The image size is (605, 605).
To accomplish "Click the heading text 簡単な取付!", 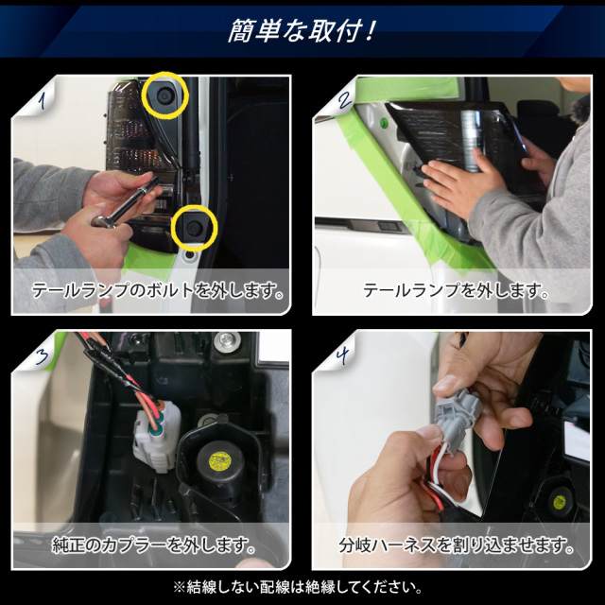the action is [x=302, y=30].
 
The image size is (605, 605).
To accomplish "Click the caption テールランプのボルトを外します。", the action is [x=158, y=290].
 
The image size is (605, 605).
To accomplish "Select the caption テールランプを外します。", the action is [x=456, y=290].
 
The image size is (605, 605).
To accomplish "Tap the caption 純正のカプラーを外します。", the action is [x=154, y=544].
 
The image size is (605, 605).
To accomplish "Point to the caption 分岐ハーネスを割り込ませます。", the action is [x=457, y=544].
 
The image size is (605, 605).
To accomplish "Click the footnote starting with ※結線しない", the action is [x=298, y=587].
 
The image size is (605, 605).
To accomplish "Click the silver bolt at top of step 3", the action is [x=228, y=340].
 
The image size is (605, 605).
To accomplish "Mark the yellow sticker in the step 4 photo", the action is [x=559, y=502].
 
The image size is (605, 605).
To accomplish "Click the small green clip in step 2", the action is [x=385, y=124].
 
